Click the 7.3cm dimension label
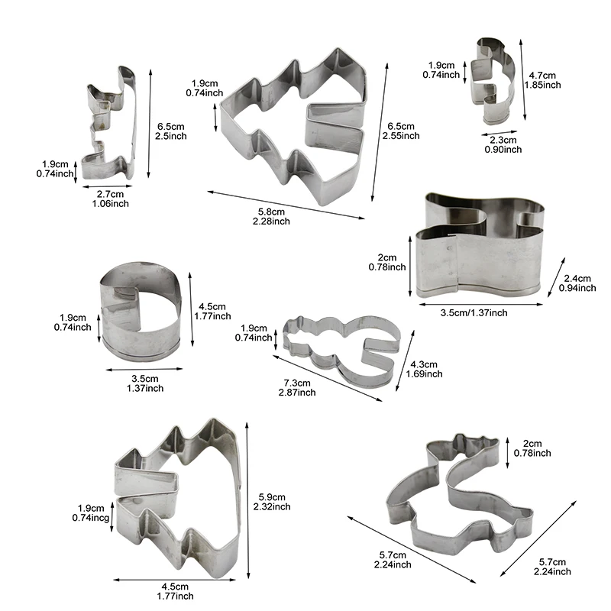click(297, 383)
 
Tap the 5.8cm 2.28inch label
click(271, 217)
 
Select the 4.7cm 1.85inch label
click(542, 80)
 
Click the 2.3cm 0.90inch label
click(503, 144)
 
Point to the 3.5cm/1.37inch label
click(474, 313)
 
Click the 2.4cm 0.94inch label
click(577, 283)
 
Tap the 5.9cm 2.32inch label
click(272, 502)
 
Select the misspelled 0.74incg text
click(91, 518)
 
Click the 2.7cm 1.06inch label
click(110, 199)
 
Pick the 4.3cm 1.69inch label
click(425, 369)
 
